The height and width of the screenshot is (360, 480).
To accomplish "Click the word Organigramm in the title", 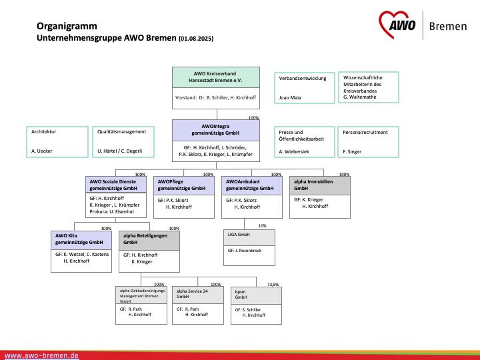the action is tap(67, 26).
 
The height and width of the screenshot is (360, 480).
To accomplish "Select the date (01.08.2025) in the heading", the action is tap(196, 39).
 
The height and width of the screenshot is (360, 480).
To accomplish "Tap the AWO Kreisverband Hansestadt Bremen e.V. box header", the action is tap(216, 77).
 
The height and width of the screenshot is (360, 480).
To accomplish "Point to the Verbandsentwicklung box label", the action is tap(303, 79).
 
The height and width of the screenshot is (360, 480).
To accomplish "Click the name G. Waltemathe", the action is tap(360, 97).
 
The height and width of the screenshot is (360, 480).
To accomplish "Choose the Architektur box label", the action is tap(43, 131).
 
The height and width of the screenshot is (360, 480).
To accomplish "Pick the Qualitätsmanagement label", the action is tap(121, 132).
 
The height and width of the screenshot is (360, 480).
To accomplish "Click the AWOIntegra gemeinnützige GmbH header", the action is tap(216, 130).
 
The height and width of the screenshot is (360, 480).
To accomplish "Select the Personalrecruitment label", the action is tap(365, 132).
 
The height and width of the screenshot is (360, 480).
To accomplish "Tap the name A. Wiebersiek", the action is tap(294, 151).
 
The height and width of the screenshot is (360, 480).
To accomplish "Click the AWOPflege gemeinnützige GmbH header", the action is tap(184, 185).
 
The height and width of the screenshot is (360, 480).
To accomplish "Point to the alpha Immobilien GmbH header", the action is tap(320, 185).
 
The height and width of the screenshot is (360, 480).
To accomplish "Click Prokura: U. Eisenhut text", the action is tap(112, 211).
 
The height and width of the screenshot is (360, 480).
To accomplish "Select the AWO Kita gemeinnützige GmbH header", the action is tap(81, 240).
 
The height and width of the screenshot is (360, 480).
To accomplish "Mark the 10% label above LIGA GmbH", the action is tap(263, 226).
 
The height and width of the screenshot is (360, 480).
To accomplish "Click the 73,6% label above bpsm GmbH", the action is tap(273, 285).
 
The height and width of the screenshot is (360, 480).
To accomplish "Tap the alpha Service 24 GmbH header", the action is tap(198, 295).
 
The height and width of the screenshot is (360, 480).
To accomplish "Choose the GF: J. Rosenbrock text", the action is tap(245, 251).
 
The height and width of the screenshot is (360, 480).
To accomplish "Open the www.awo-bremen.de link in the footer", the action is tap(41, 356).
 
